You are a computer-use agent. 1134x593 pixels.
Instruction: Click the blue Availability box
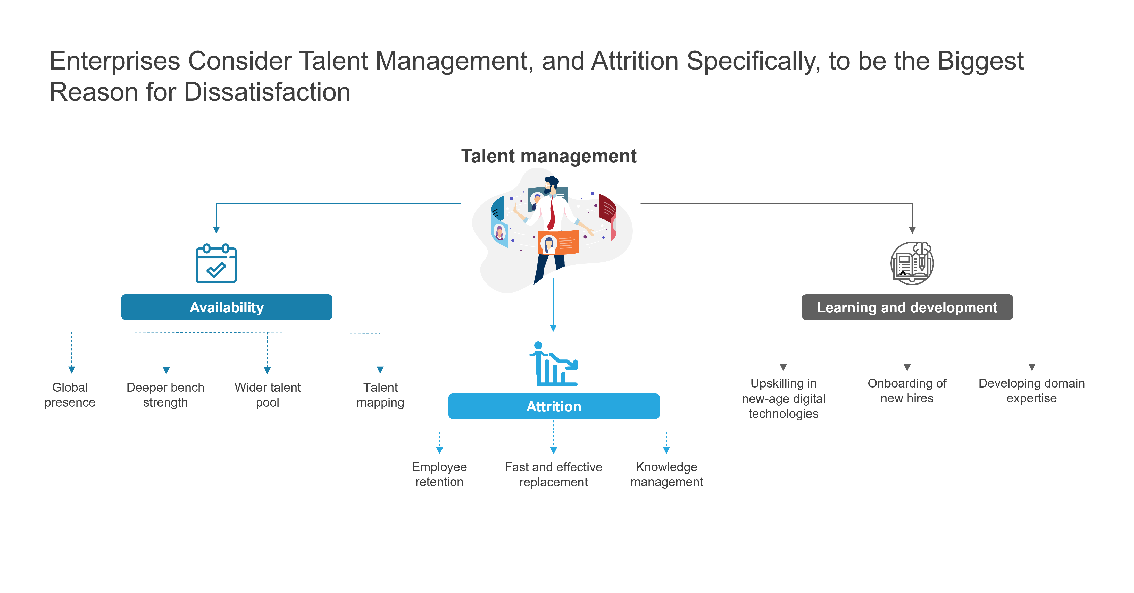click(x=227, y=307)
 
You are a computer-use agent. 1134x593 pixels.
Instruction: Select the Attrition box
click(x=554, y=406)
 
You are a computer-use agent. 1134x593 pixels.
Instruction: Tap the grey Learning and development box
click(x=907, y=307)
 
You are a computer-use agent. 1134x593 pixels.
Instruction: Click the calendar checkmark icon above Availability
click(x=216, y=263)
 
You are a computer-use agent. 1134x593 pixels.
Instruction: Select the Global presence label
click(x=70, y=394)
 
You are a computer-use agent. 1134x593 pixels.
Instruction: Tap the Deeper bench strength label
click(x=165, y=394)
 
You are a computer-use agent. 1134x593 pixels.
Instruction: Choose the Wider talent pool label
click(x=268, y=394)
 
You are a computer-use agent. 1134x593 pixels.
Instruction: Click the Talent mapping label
click(x=380, y=394)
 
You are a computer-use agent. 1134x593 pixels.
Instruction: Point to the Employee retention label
click(x=439, y=474)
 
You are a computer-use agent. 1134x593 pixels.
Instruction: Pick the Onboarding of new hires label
click(x=907, y=391)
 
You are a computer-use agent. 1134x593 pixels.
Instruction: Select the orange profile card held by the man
click(x=558, y=242)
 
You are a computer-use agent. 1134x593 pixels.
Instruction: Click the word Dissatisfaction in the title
click(x=267, y=92)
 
